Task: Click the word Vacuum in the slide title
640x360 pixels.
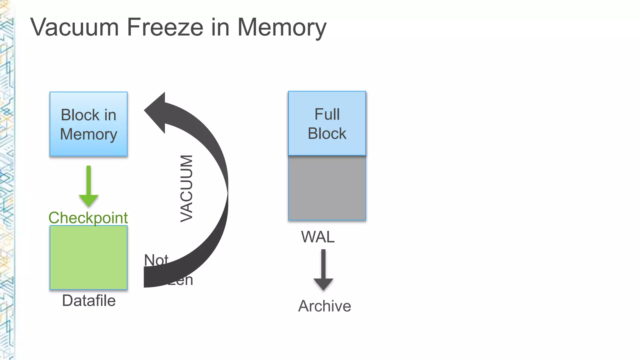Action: [x=74, y=27]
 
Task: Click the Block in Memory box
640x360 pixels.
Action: [x=88, y=124]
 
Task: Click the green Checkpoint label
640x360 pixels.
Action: [x=88, y=218]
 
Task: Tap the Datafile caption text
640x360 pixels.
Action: [x=89, y=301]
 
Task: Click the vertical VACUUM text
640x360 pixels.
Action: [x=187, y=189]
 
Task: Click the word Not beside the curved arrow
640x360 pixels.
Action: [x=156, y=260]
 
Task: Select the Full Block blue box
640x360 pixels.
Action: [x=327, y=123]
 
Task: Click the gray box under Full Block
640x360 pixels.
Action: [x=327, y=188]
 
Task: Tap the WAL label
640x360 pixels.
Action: [x=318, y=237]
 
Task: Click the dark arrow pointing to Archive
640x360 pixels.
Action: [x=323, y=270]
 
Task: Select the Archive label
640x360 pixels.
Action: [x=324, y=306]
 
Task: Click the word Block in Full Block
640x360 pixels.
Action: [x=327, y=134]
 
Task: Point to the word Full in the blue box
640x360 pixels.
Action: [x=327, y=114]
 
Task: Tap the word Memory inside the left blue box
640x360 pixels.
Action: [x=88, y=134]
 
